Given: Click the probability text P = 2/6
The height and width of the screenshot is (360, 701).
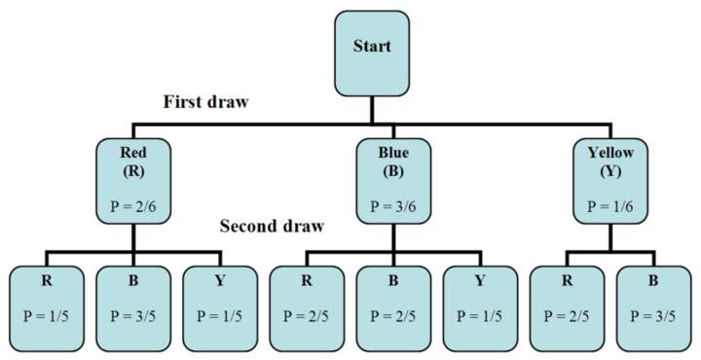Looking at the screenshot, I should [x=133, y=206].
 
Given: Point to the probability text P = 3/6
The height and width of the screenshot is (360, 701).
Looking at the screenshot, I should [x=392, y=206].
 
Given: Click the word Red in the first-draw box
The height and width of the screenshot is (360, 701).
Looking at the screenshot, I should [x=133, y=153].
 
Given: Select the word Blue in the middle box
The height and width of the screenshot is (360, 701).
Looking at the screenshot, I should [x=392, y=153].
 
